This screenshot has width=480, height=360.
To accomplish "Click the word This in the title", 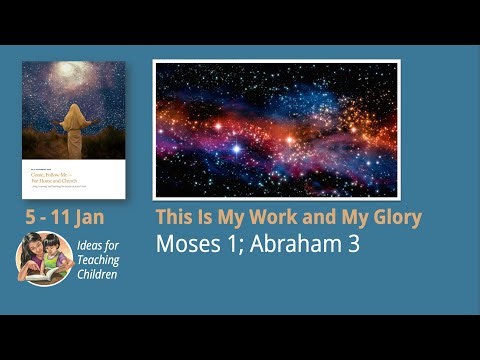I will (x=176, y=217).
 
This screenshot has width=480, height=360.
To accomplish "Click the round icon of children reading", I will (x=43, y=258).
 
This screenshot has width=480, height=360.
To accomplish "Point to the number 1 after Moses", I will (x=226, y=243).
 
